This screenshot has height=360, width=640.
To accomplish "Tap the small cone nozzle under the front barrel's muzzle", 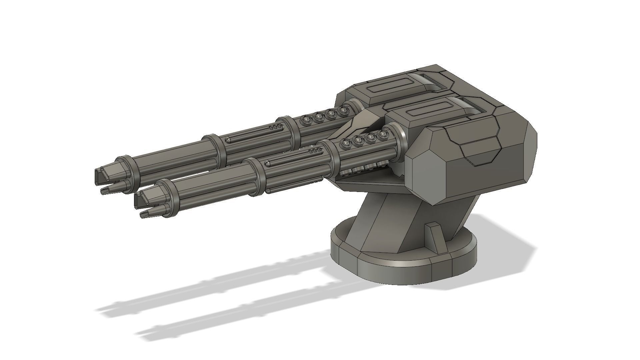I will [146, 214].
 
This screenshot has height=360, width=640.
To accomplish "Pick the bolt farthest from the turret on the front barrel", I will [346, 143].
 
